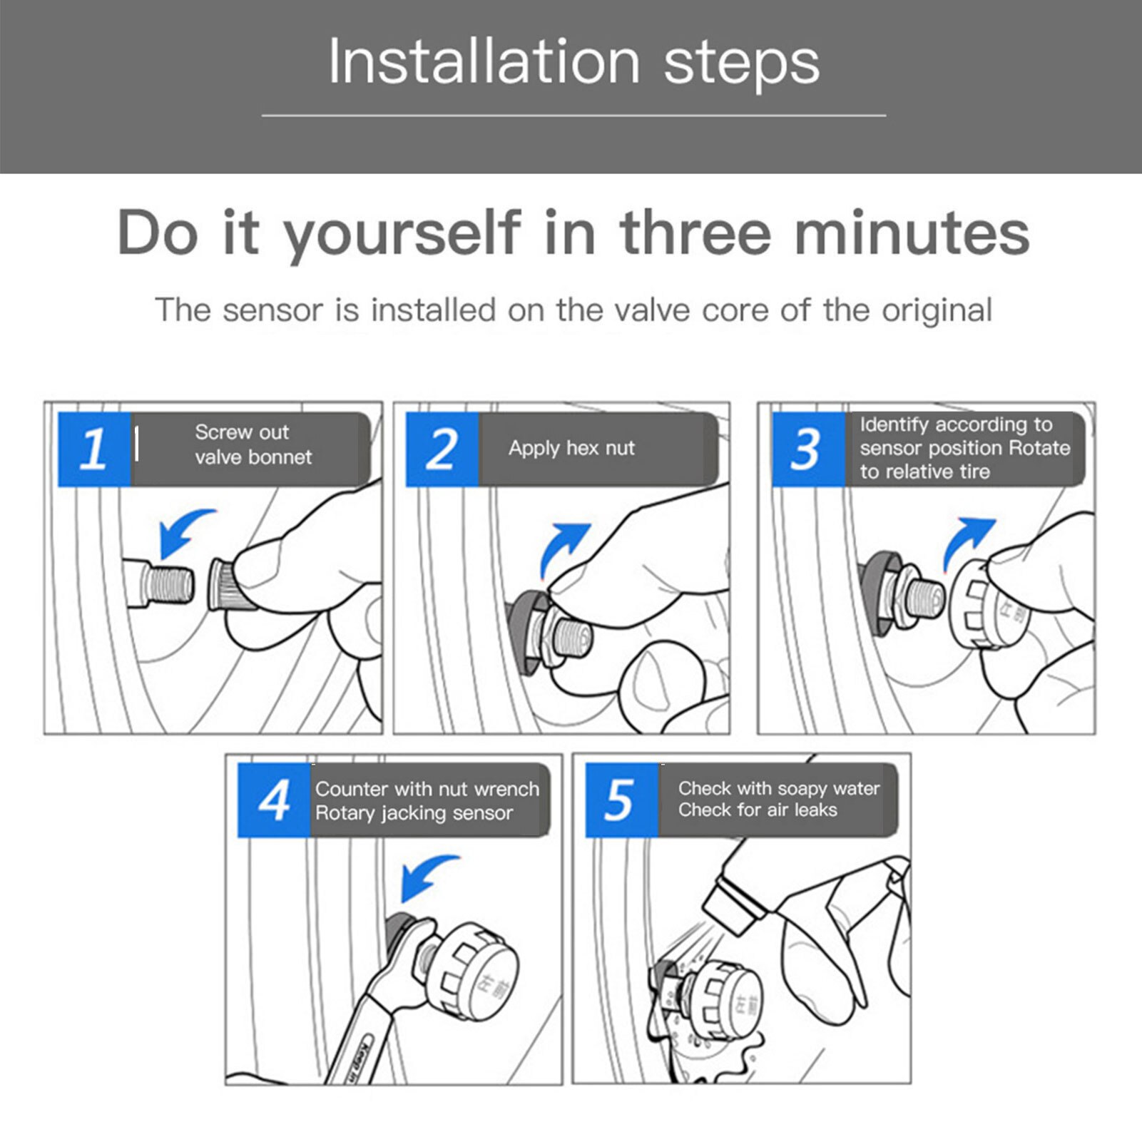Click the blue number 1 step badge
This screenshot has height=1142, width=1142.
point(94,449)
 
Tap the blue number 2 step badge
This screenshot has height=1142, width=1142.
point(442,449)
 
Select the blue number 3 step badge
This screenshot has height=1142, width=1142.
point(808,449)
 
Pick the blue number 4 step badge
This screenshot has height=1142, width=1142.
point(274,800)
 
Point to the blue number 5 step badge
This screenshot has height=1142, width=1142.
point(622,800)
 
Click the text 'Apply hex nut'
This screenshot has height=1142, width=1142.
point(571,448)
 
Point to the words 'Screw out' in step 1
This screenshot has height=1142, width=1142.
point(242,432)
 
